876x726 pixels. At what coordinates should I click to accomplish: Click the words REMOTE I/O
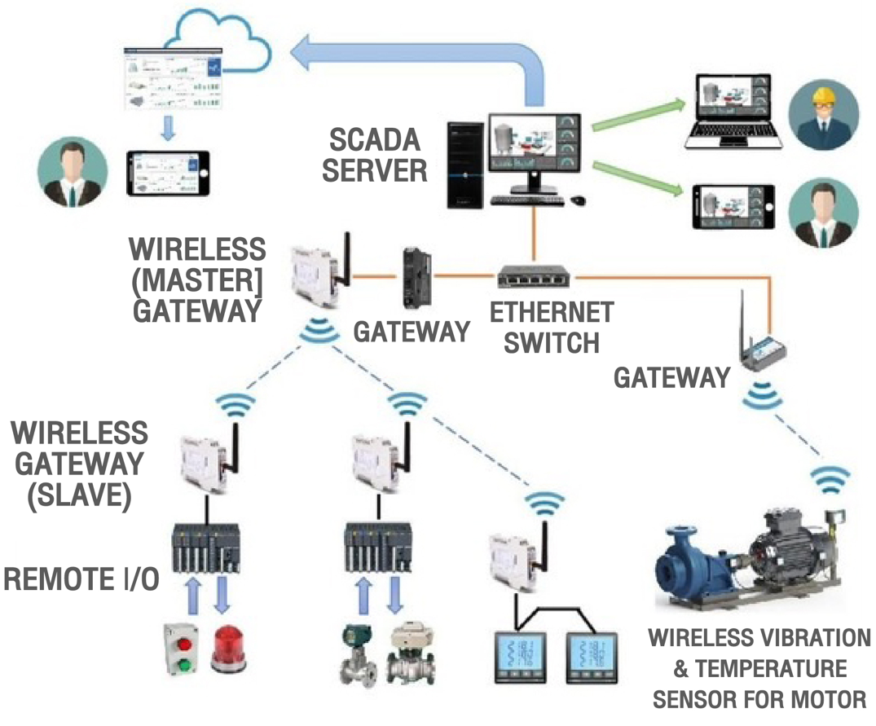coord(81,579)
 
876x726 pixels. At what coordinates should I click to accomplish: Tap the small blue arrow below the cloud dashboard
coord(168,129)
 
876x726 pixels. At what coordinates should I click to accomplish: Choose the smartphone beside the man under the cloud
coord(167,173)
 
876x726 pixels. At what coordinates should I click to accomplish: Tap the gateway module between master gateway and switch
coord(414,277)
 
